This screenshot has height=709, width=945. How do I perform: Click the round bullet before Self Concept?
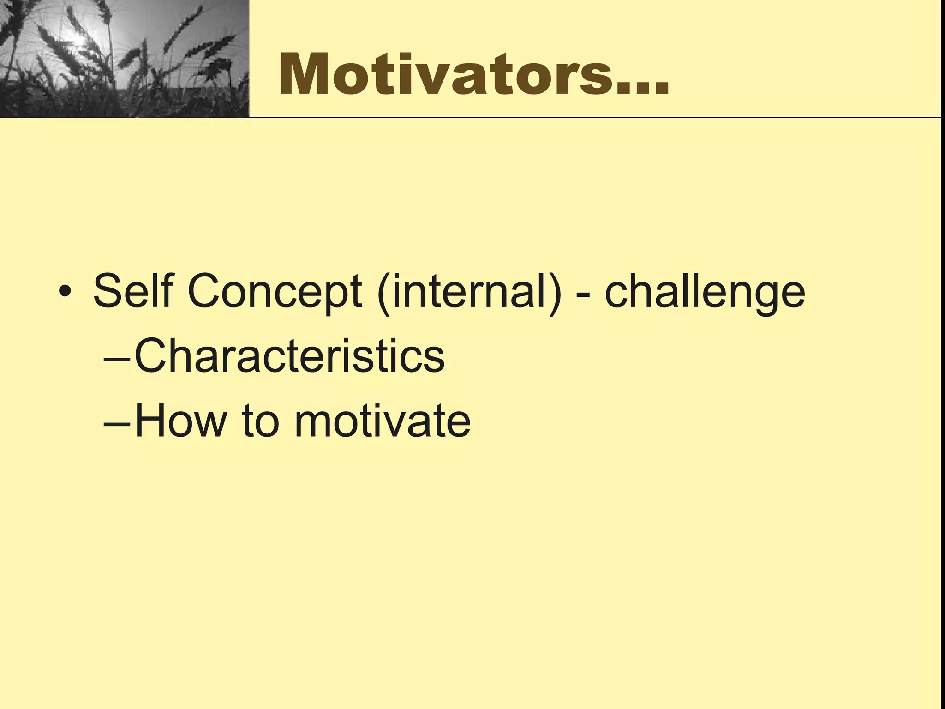pos(65,292)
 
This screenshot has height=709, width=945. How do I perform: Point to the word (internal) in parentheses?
pos(469,292)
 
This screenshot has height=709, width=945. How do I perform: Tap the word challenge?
pos(705,292)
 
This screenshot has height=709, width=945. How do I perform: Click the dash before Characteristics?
pos(117,359)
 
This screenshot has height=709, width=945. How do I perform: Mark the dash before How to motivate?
pos(117,424)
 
